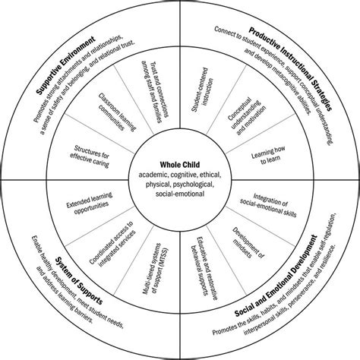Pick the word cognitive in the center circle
(178, 173)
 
